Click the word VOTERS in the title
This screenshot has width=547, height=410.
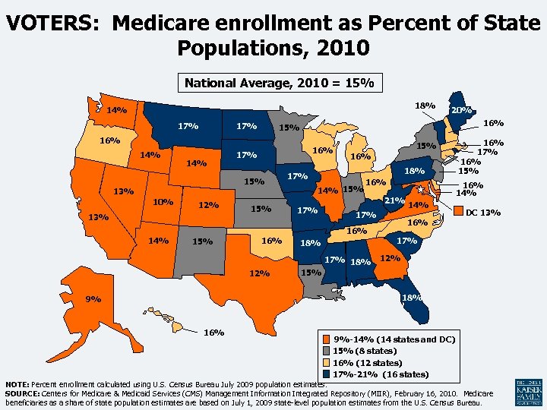coord(54,23)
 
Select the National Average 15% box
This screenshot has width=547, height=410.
coord(279,82)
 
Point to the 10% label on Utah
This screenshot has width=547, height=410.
coord(163,202)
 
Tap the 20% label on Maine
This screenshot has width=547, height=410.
coord(462,110)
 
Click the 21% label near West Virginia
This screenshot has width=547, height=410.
coord(394,200)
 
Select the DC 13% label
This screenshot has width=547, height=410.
coord(482,212)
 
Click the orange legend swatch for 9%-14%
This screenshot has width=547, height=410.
coord(327,339)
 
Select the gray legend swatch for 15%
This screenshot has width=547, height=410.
coord(327,351)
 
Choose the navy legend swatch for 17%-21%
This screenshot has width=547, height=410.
coord(327,374)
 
